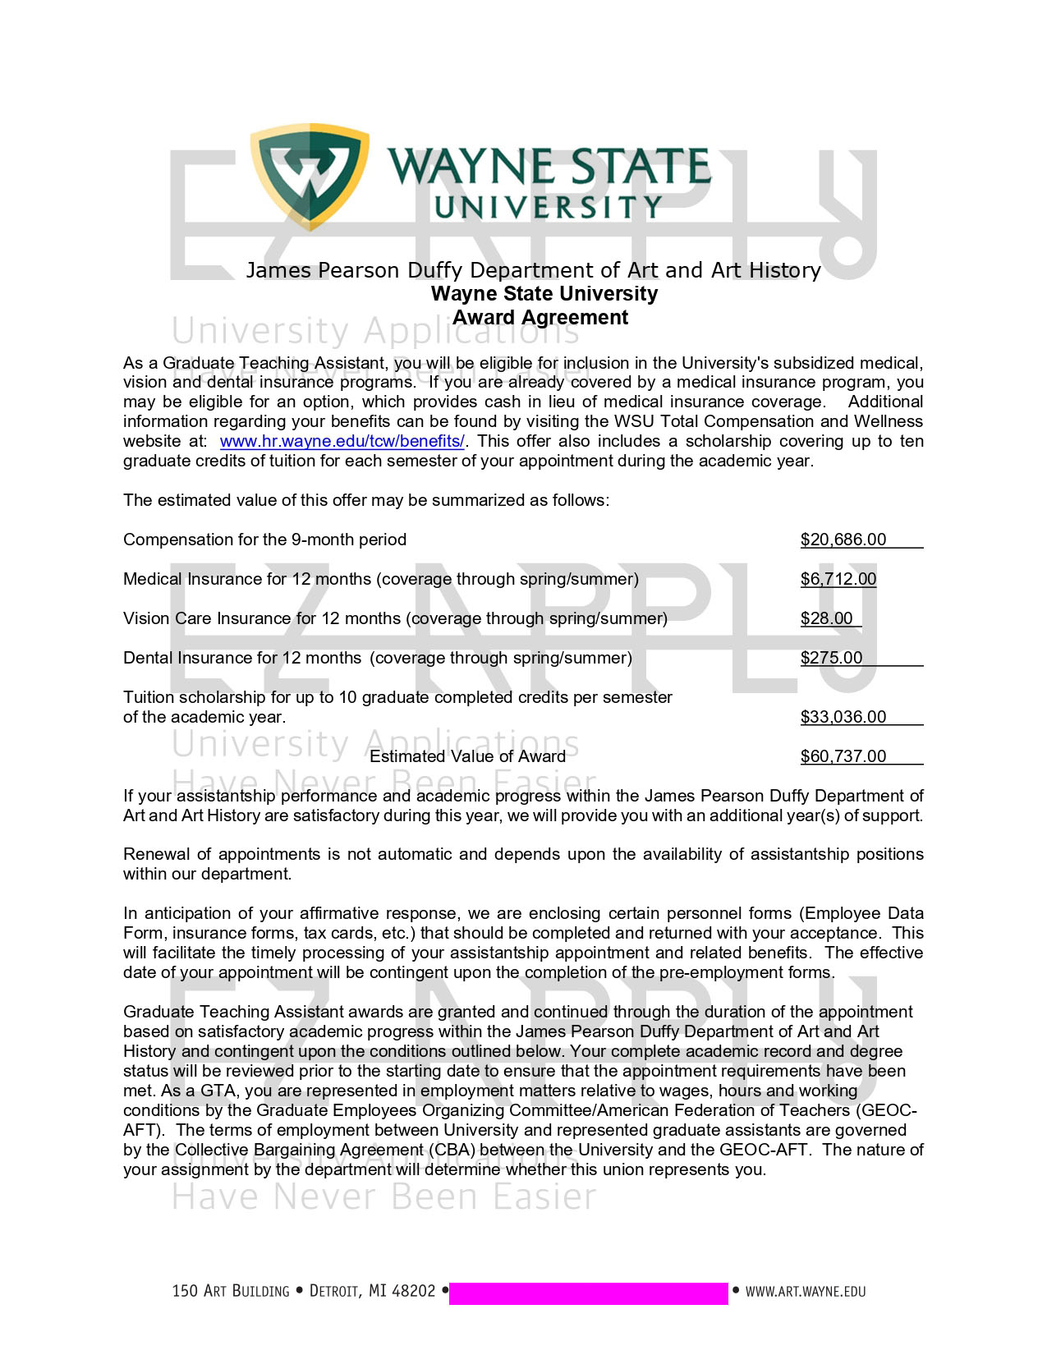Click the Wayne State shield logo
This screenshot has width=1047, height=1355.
tap(310, 175)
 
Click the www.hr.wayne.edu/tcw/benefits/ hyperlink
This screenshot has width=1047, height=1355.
tap(342, 441)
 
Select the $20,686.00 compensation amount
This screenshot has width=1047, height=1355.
tap(843, 540)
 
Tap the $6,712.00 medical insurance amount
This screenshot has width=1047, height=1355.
tap(838, 579)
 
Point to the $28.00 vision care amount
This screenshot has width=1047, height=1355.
tap(827, 618)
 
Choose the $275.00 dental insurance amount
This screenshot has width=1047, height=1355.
tap(832, 658)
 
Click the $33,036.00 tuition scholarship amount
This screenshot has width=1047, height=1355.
tap(843, 717)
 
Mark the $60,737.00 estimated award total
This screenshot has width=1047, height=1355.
tap(843, 756)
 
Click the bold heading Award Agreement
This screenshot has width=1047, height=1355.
tap(540, 318)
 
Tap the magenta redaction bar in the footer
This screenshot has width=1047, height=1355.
tap(588, 1293)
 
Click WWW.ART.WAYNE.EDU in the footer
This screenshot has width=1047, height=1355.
tap(805, 1292)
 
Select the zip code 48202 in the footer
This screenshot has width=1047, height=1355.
tap(414, 1291)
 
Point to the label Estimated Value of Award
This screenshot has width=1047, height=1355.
tap(467, 756)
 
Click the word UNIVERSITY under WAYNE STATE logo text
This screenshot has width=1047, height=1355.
tap(548, 208)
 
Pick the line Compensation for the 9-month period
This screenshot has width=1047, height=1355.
tap(264, 540)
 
